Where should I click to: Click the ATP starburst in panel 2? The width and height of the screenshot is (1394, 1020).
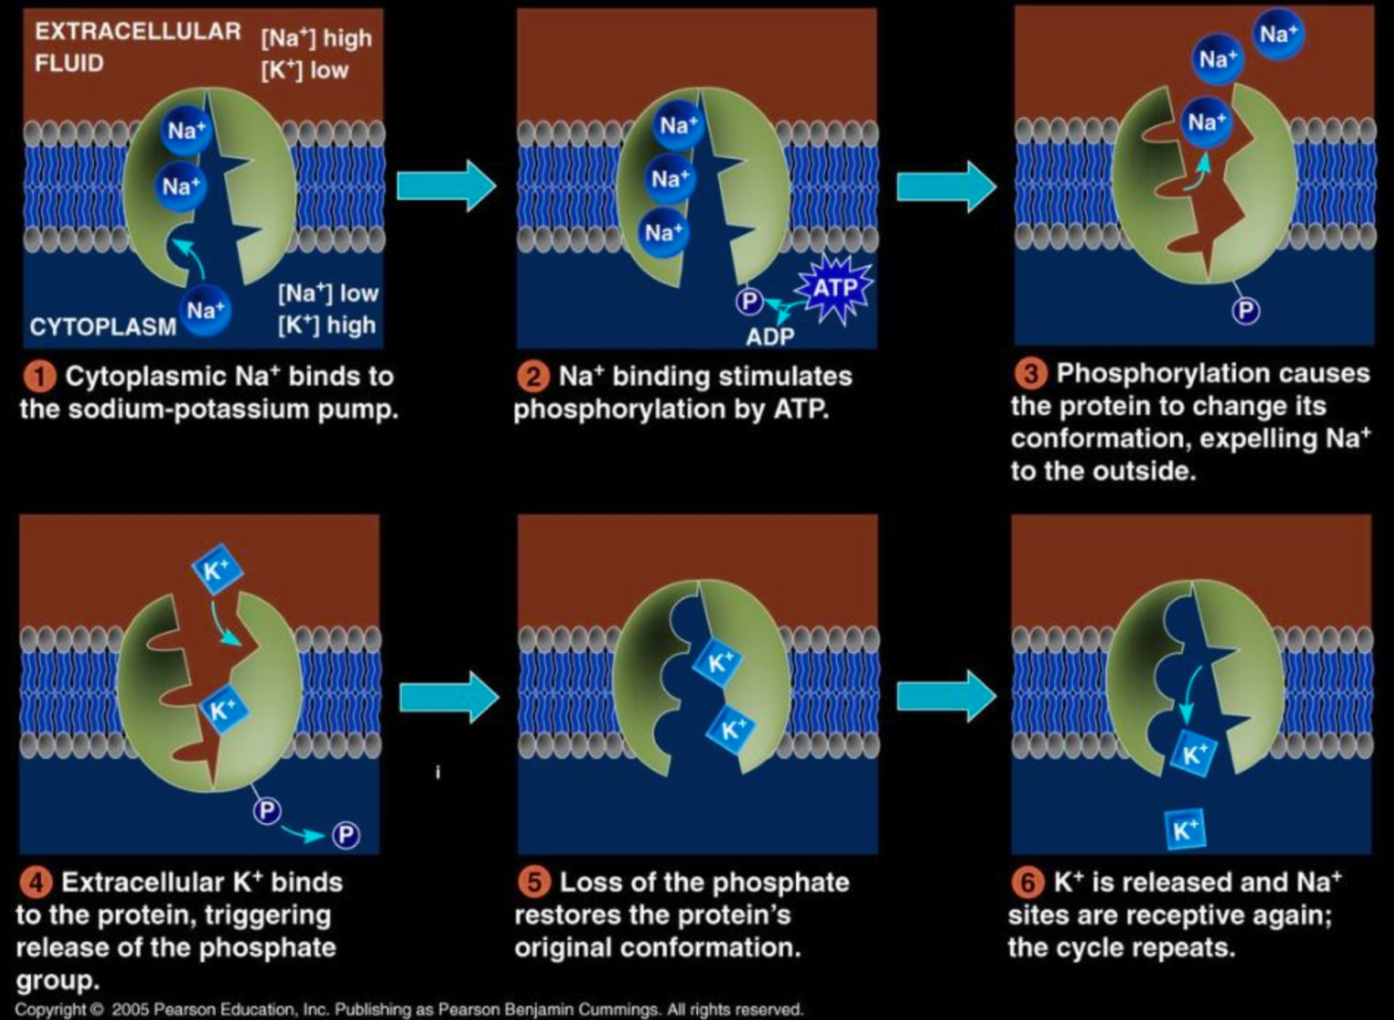pos(835,288)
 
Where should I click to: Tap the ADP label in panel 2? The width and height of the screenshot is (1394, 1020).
pos(770,337)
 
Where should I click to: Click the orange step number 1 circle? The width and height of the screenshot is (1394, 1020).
pos(39,376)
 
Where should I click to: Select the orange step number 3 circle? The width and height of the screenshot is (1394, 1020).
pos(1030,373)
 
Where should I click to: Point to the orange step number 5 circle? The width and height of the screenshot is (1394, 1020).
pos(534,882)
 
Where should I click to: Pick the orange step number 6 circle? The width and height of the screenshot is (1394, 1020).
pos(1028,882)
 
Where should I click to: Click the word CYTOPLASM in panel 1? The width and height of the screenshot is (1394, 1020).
pos(103,327)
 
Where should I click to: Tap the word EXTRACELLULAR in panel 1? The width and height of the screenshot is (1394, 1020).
pos(138,32)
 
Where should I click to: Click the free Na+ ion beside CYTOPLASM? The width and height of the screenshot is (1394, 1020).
pos(206,310)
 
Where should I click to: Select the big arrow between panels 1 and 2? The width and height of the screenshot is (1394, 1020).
pos(445,186)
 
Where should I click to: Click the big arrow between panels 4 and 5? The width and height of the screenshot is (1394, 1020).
pos(449,697)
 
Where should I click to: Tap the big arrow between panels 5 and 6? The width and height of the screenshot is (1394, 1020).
pos(945,697)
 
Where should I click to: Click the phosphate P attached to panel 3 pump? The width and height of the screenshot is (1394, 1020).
pos(1245,311)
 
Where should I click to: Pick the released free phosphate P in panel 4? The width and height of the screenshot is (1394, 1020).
pos(346,835)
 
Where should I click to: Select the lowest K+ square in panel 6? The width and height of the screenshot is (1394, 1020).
pos(1184,829)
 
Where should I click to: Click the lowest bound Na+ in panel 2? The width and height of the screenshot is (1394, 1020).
pos(663,232)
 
